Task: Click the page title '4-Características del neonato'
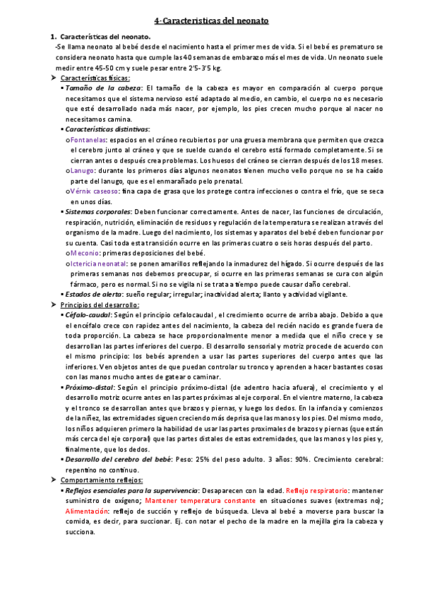pyautogui.click(x=211, y=22)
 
